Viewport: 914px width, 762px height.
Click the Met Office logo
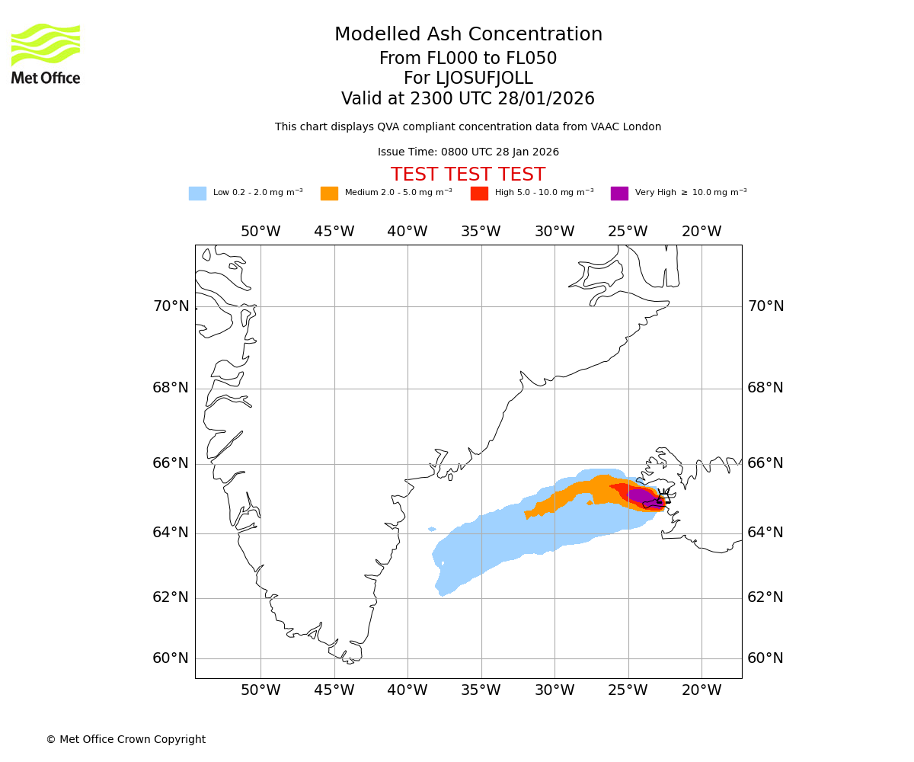click(x=46, y=53)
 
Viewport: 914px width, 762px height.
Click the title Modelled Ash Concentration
click(x=468, y=35)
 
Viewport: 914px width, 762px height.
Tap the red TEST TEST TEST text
click(x=468, y=175)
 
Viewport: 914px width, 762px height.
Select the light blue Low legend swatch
click(x=197, y=194)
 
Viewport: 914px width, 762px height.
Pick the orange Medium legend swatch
click(x=329, y=194)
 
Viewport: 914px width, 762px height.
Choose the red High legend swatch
click(x=479, y=194)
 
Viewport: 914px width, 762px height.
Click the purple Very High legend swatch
click(x=619, y=194)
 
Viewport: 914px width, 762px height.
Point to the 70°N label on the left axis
click(x=171, y=306)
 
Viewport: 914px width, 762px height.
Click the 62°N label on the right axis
click(x=765, y=597)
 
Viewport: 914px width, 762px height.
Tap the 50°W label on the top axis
click(x=260, y=232)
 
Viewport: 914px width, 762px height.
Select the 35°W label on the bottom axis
click(x=481, y=690)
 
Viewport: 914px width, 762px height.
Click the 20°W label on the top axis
click(x=701, y=232)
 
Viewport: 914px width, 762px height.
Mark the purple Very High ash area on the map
click(x=642, y=495)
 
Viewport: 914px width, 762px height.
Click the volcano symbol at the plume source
click(x=663, y=498)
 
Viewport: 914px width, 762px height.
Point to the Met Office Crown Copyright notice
click(x=126, y=740)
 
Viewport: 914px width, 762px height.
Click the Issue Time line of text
click(x=468, y=152)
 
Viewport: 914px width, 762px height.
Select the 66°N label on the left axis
click(x=171, y=463)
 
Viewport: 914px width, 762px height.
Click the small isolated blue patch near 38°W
click(x=432, y=529)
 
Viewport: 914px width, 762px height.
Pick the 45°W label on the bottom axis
click(x=334, y=690)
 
